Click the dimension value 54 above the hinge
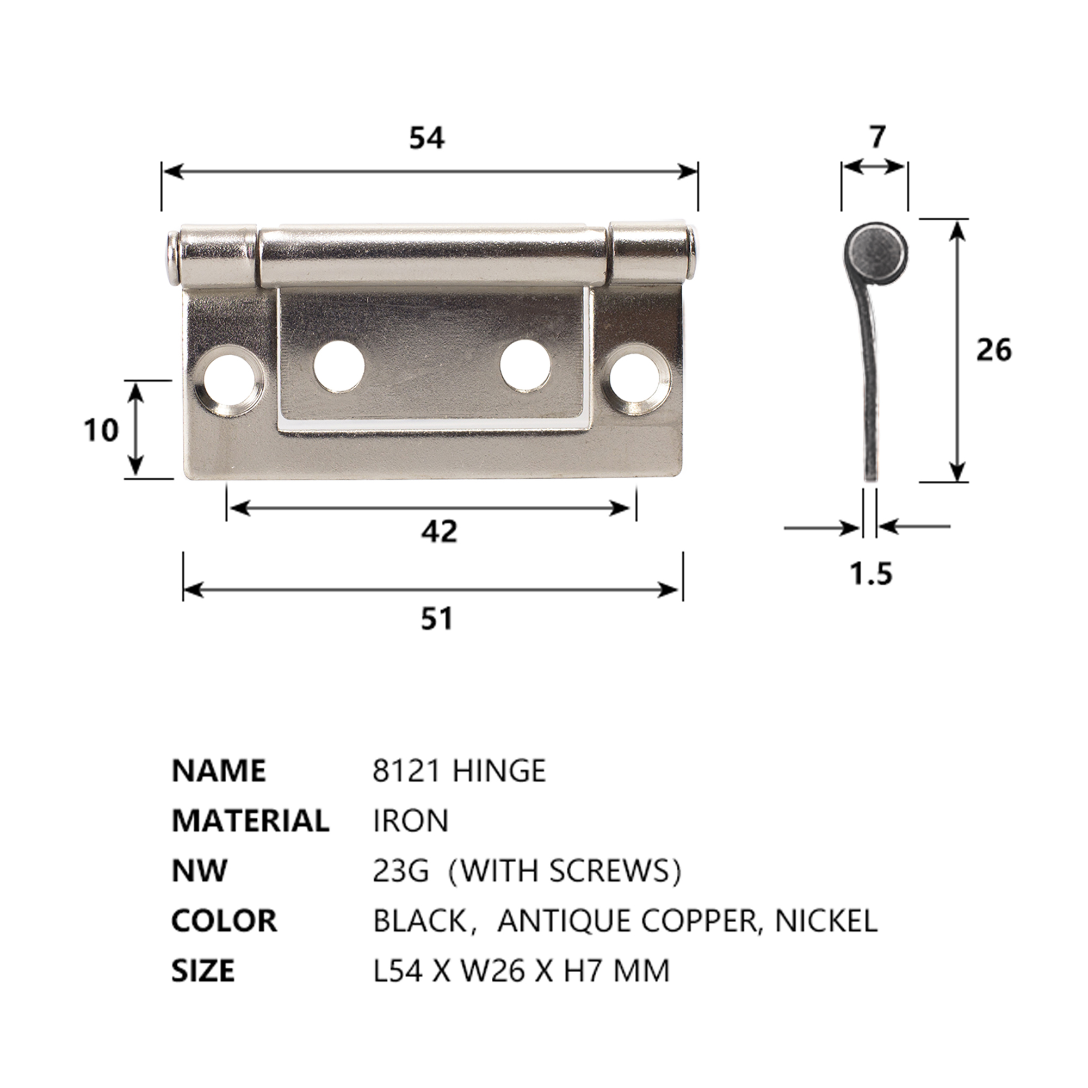(x=426, y=138)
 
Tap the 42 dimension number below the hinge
(x=439, y=531)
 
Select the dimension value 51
(x=437, y=619)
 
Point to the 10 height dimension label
(x=101, y=431)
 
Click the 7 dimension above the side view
(x=876, y=137)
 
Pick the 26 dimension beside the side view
(x=993, y=350)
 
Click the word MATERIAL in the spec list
(x=250, y=821)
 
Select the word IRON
(x=411, y=821)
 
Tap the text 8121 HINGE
(x=459, y=771)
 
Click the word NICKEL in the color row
(x=826, y=922)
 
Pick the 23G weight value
(x=400, y=871)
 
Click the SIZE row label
(x=203, y=972)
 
